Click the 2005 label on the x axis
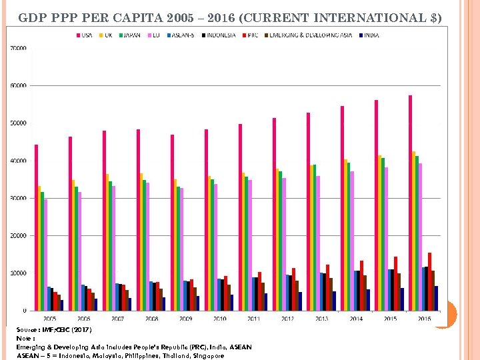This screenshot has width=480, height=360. coord(49,319)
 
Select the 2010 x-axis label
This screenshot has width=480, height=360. coord(219,319)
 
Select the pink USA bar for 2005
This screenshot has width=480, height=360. coord(37,227)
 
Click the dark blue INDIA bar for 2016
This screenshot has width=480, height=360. coord(436,298)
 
